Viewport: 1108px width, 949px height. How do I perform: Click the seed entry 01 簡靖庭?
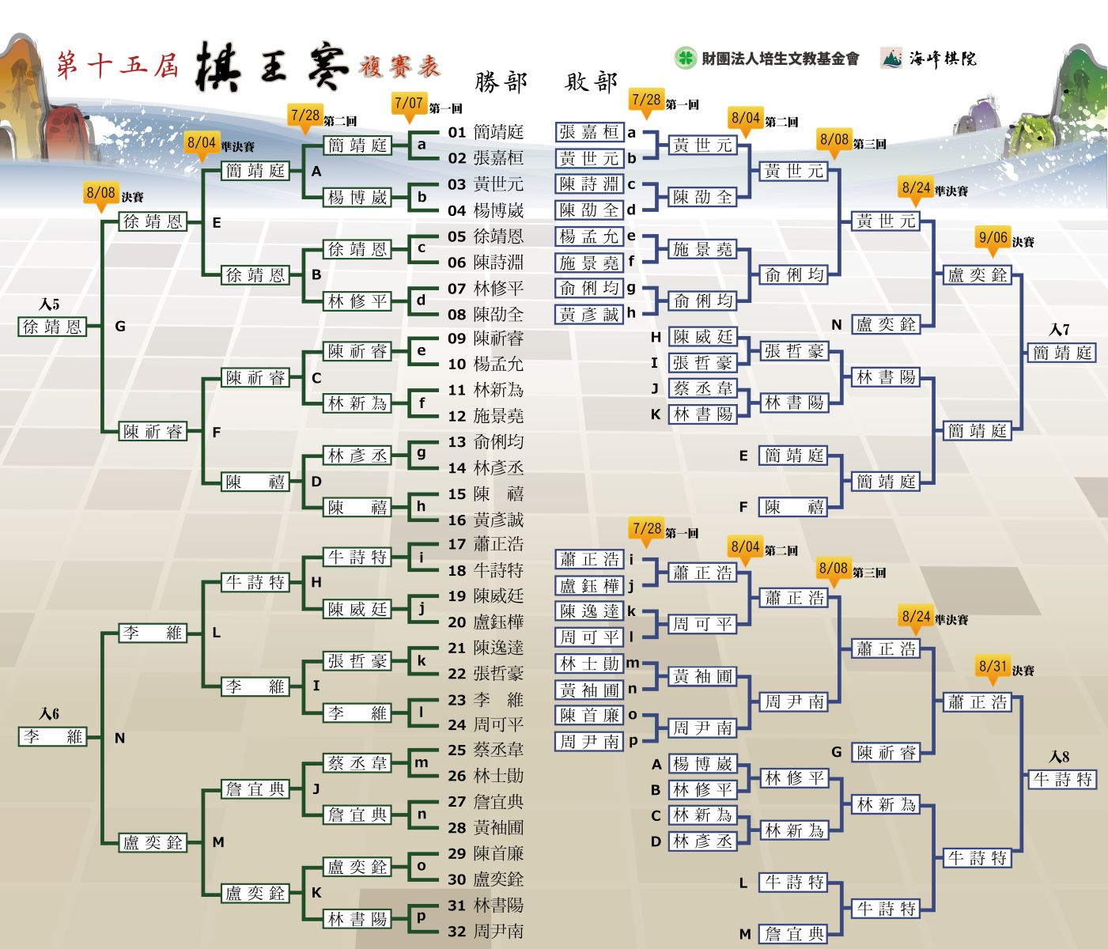tap(485, 132)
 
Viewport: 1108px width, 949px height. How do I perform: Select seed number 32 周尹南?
tap(485, 932)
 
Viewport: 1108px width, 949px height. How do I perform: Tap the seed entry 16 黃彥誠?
tap(485, 520)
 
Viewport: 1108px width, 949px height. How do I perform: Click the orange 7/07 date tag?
tap(408, 106)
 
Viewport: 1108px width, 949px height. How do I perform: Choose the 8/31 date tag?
tap(993, 669)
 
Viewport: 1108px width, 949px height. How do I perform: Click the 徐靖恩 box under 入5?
tap(52, 327)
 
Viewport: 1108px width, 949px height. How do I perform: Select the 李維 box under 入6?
tap(52, 737)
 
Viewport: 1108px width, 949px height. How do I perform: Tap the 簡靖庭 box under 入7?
tap(1062, 353)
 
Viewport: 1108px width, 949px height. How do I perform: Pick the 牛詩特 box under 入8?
tap(1062, 780)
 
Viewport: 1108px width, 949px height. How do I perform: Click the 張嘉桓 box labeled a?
tap(589, 132)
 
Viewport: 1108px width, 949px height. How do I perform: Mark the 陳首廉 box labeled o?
tap(589, 715)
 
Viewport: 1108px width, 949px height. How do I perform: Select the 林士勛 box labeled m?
tap(589, 664)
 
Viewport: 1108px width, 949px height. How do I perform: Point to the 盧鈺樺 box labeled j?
tap(589, 585)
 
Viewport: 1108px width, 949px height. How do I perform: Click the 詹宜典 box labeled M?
tap(792, 934)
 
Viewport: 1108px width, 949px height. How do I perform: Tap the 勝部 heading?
tap(501, 82)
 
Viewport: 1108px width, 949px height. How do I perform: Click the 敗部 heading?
tap(591, 82)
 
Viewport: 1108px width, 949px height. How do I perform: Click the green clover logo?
tap(685, 58)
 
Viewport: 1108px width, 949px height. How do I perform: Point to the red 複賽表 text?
tap(400, 66)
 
